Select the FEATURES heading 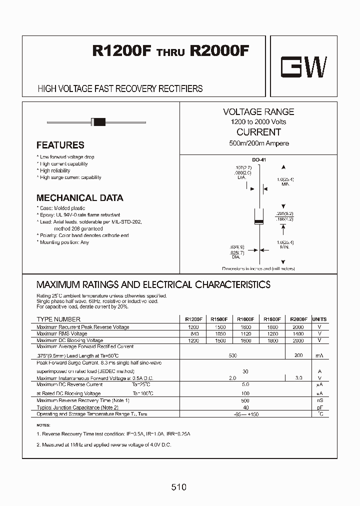[x=60, y=145]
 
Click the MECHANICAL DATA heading [x=79, y=197]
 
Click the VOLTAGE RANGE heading [x=258, y=112]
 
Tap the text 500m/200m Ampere [x=258, y=143]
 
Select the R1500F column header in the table [x=219, y=319]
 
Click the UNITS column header [x=319, y=319]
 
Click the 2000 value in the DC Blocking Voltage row [x=298, y=340]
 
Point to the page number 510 [x=178, y=486]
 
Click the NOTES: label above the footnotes [x=44, y=424]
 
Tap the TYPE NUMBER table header [x=58, y=319]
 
